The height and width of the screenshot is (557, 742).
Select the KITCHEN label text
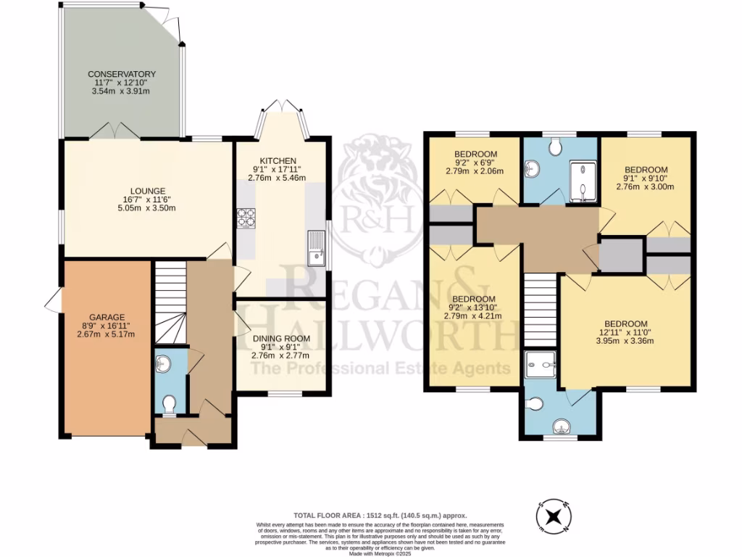(278, 160)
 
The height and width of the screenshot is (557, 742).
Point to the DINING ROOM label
(280, 338)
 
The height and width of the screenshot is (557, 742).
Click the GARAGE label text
(107, 317)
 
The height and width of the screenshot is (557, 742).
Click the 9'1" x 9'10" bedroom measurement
(645, 178)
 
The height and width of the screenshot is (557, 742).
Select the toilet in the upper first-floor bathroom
(556, 147)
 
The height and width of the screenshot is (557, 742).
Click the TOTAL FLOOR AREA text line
(375, 513)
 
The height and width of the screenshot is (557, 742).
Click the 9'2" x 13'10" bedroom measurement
(475, 308)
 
